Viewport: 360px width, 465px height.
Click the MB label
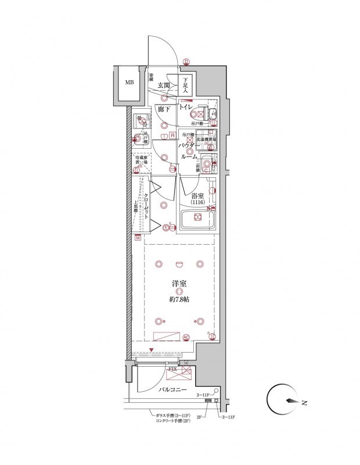(129, 83)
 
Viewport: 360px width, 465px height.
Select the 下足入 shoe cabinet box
(185, 87)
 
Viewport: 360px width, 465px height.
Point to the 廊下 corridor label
(164, 109)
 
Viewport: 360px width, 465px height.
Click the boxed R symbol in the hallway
(172, 136)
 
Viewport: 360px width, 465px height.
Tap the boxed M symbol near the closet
(138, 238)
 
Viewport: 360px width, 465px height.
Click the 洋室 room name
(179, 283)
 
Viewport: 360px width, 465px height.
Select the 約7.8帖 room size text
(179, 299)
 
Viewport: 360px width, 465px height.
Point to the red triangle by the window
(152, 350)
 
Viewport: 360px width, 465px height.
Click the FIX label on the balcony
(172, 369)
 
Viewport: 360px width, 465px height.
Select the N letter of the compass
(304, 402)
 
